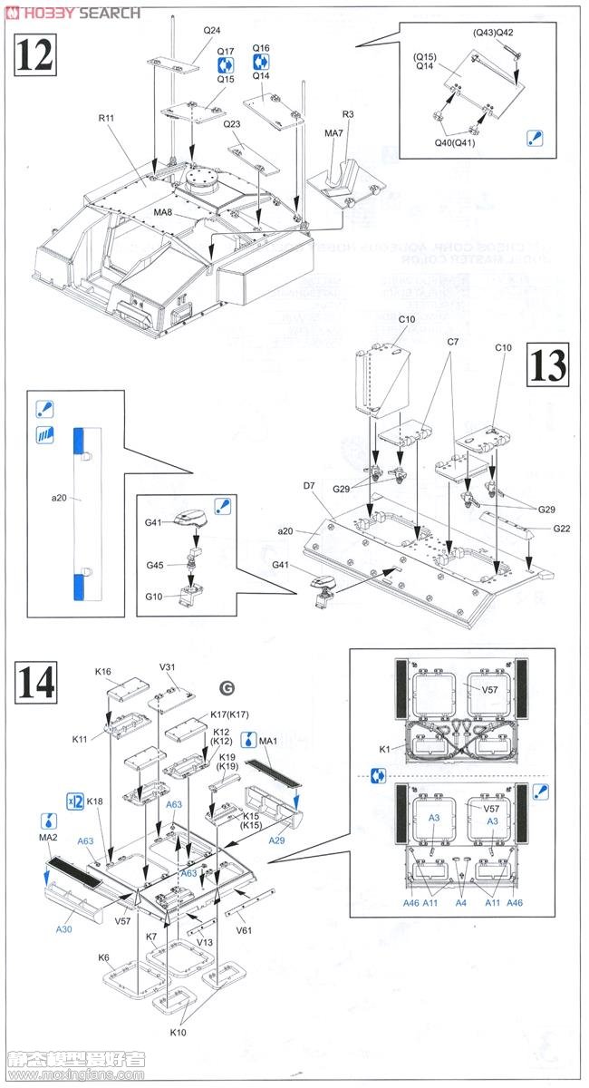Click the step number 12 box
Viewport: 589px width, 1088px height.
pyautogui.click(x=34, y=55)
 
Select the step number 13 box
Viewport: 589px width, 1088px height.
pyautogui.click(x=548, y=366)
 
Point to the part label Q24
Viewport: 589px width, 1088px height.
pyautogui.click(x=211, y=30)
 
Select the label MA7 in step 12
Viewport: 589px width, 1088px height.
pyautogui.click(x=333, y=133)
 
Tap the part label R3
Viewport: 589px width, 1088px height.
pyautogui.click(x=347, y=113)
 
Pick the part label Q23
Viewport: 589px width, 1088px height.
pyautogui.click(x=232, y=124)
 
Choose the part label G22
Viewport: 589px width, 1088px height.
pyautogui.click(x=559, y=529)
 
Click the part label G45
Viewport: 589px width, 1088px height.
pyautogui.click(x=155, y=567)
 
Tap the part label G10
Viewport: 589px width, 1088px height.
pyautogui.click(x=155, y=596)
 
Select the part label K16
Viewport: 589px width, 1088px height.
pyautogui.click(x=102, y=672)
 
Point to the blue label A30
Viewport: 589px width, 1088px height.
pyautogui.click(x=63, y=929)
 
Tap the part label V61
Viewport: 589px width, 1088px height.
pyautogui.click(x=244, y=929)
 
